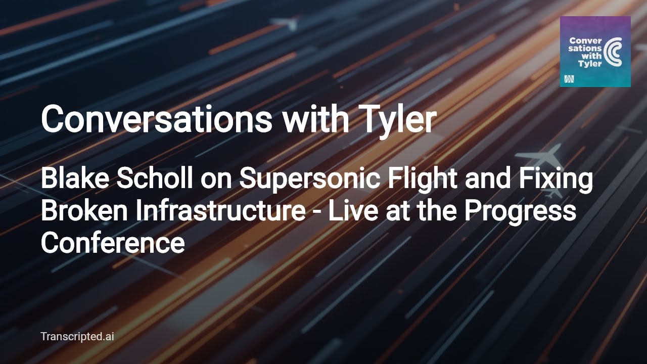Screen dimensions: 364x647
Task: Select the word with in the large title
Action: point(315,120)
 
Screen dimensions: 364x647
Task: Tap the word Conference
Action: point(112,243)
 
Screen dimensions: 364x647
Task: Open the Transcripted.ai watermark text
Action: point(77,336)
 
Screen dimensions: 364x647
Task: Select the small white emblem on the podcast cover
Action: point(569,79)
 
